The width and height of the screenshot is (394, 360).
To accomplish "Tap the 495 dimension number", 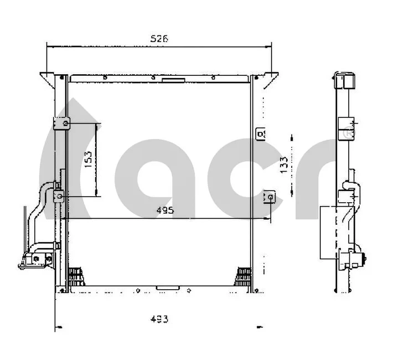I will [x=164, y=210].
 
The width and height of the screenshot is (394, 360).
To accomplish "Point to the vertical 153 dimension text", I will [x=88, y=159].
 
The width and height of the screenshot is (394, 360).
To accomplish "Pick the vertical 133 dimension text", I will [x=283, y=164].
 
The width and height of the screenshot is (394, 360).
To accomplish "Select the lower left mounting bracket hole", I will [x=60, y=196].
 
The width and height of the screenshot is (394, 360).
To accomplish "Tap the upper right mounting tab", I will [x=260, y=134].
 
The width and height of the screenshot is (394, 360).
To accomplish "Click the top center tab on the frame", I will [x=173, y=80].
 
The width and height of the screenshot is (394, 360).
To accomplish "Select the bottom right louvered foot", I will [x=243, y=275].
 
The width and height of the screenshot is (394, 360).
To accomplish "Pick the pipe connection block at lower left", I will [x=35, y=259].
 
